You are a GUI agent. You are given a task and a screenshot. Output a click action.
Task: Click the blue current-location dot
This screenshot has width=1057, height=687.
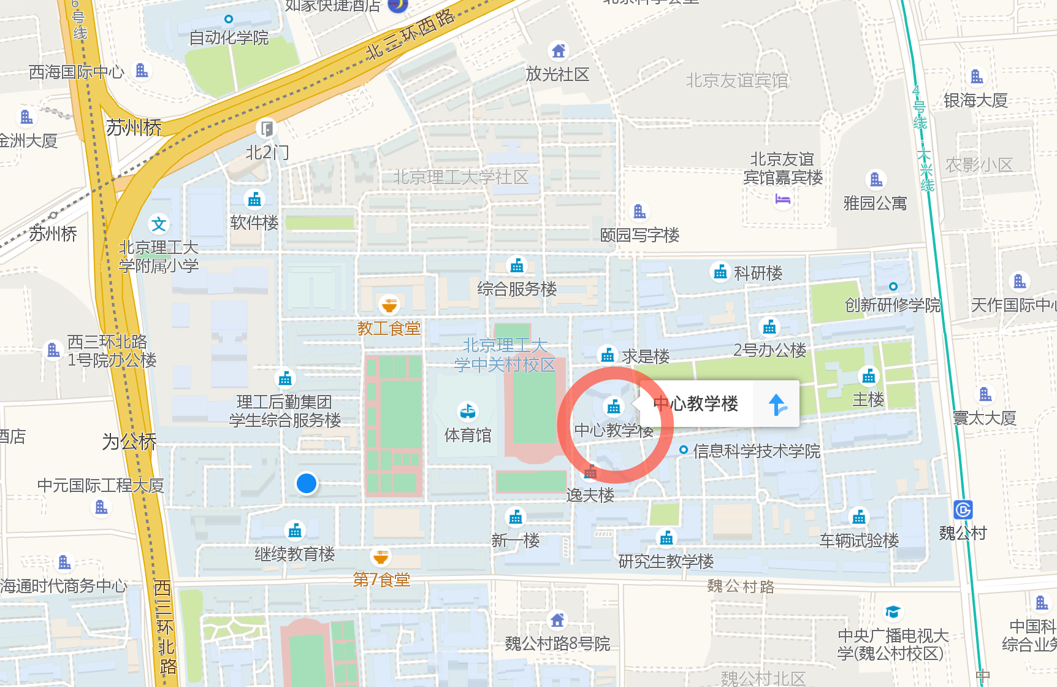pos(307,483)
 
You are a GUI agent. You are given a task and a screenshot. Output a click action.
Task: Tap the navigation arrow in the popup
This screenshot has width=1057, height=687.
pos(777,404)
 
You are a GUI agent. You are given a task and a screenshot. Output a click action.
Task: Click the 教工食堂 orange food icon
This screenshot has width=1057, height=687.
pos(389,304)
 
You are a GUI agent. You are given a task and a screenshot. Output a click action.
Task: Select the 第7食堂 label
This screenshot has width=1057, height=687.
pos(381,580)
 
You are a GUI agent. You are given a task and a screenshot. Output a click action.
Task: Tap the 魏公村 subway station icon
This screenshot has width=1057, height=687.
pos(963,510)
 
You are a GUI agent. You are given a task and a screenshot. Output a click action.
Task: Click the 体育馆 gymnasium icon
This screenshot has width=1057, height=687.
pos(468,410)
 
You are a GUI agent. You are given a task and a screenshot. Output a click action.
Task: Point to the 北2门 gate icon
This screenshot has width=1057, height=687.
pos(267,129)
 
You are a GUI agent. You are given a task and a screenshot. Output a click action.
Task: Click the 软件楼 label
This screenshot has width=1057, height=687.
pos(254,223)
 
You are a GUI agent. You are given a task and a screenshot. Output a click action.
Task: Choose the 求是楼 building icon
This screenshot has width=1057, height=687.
pos(608,355)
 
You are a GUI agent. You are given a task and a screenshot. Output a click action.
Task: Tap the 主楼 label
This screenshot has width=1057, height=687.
pos(868,400)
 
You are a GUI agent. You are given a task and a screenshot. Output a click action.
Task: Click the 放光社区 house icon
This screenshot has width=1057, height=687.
pos(558,51)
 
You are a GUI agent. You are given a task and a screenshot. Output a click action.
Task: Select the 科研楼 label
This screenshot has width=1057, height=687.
pos(758,273)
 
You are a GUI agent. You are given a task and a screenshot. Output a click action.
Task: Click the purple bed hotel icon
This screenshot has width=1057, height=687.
pos(782,199)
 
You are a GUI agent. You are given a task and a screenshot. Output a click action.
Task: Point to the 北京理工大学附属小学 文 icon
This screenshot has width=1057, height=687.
pos(159,225)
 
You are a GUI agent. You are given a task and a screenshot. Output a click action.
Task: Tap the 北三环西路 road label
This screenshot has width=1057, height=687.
pos(410,34)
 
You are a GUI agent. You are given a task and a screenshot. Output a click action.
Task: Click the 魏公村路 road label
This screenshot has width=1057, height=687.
pos(741,586)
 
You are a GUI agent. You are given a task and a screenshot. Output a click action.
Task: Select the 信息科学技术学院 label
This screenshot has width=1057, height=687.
pos(757,451)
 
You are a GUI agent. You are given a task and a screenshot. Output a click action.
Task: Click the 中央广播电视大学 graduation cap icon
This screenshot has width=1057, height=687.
pos(893,612)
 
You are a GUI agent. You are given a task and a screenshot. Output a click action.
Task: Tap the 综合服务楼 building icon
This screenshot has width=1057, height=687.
pos(517,266)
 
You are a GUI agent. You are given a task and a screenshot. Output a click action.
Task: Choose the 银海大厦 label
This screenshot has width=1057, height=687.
pos(975,100)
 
